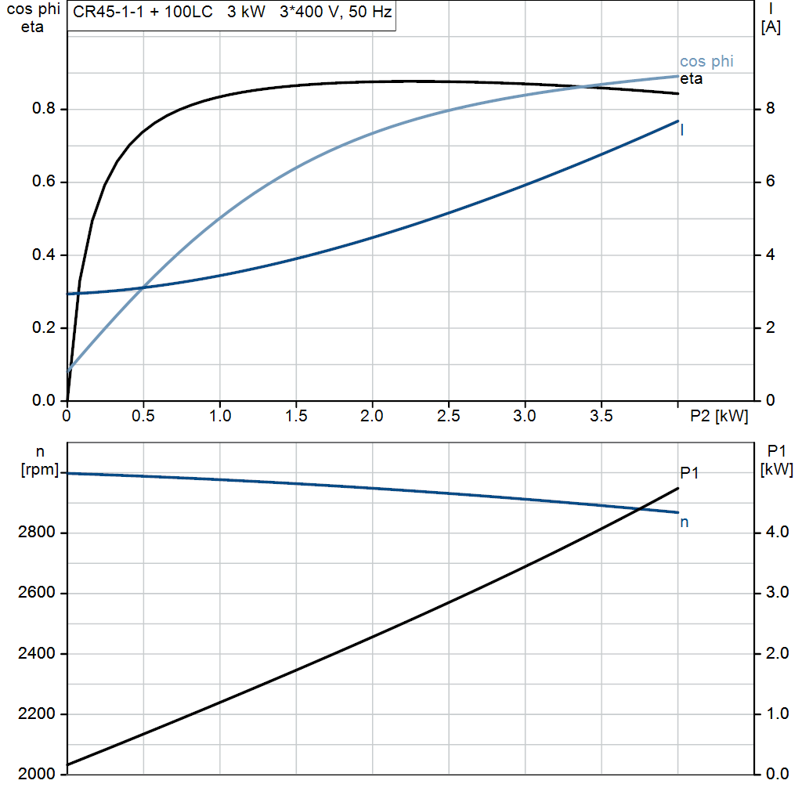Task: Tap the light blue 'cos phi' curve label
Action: tap(706, 61)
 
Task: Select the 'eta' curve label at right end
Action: tap(691, 79)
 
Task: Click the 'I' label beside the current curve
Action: tap(682, 130)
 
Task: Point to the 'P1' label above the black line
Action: tap(689, 472)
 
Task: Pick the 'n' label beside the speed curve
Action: tap(684, 522)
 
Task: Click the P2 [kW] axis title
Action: tap(719, 417)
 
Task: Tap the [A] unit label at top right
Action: tap(771, 27)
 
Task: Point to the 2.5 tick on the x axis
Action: tap(448, 417)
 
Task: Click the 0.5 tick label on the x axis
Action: tap(143, 417)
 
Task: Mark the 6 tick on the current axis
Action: tap(770, 182)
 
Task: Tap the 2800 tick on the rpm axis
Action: tap(36, 533)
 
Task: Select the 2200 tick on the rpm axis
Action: tap(36, 714)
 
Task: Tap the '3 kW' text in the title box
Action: tap(247, 14)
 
